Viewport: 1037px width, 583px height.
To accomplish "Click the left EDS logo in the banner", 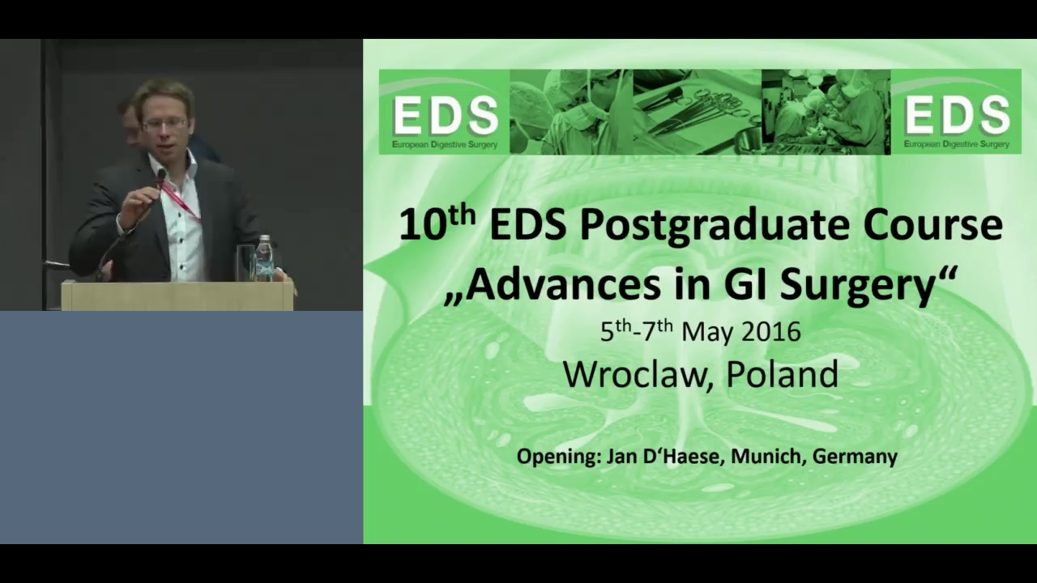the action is click(x=445, y=112).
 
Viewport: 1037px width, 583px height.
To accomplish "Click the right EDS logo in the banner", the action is click(x=956, y=112).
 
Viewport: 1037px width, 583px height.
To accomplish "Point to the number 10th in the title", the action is click(x=437, y=223).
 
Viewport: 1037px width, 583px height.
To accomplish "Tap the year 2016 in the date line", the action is click(x=771, y=332).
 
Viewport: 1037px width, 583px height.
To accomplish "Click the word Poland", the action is click(x=783, y=373).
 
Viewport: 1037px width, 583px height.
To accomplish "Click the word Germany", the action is click(x=855, y=457).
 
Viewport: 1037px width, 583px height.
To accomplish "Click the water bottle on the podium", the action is click(x=264, y=258).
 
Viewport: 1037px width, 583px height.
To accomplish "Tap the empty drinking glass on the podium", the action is click(x=245, y=263).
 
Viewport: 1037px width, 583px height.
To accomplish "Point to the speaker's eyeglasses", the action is click(x=164, y=124).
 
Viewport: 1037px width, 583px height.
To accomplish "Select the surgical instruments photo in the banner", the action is click(x=698, y=112).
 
